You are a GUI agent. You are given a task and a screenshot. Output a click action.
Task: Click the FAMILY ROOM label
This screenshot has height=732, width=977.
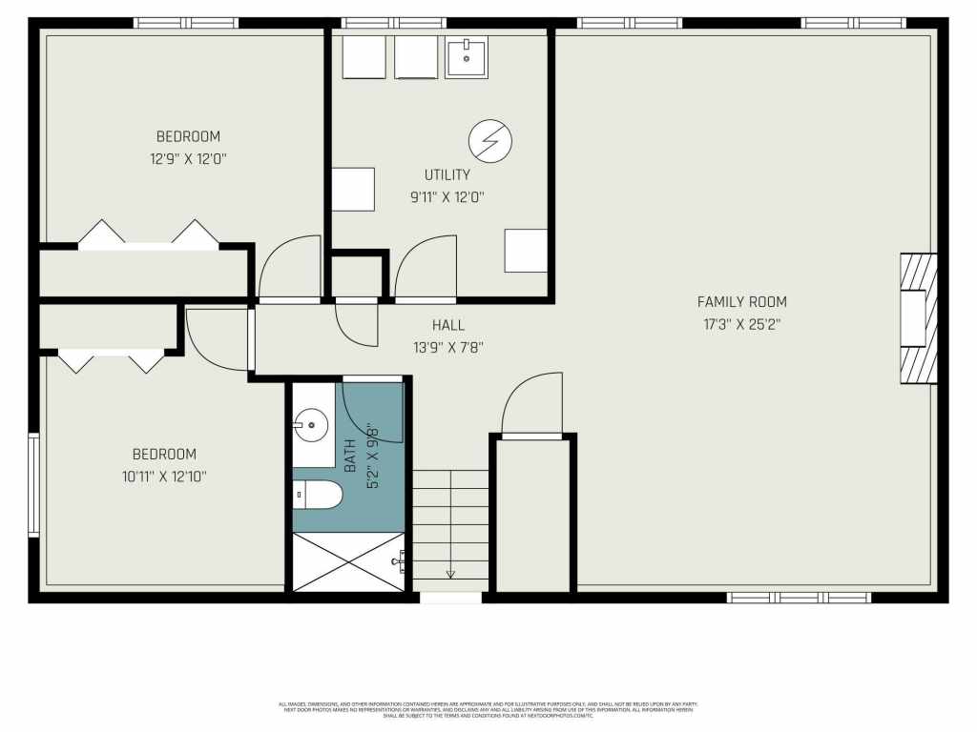coord(741,302)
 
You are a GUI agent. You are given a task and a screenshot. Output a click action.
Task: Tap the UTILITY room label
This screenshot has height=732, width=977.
coord(447,174)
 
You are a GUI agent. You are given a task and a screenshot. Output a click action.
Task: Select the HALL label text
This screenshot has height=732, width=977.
coord(447,325)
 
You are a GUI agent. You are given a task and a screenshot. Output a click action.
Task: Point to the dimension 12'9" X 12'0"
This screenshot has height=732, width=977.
coord(188,159)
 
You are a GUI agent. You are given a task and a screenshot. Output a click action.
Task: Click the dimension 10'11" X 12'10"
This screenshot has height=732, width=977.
coord(164,477)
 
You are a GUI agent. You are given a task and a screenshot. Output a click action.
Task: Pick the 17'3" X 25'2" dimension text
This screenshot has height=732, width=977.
coord(741,324)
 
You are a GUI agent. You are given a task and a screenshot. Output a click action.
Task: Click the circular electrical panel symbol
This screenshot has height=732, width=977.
coord(489,142)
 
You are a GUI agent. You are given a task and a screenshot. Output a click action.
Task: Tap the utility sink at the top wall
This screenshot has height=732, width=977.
coord(467,57)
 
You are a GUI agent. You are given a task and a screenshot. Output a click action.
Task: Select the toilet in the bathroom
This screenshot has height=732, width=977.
coord(317,495)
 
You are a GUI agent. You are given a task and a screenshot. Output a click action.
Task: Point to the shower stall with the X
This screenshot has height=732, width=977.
coord(349,561)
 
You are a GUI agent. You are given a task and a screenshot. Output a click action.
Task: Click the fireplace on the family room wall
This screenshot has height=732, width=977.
coord(917,318)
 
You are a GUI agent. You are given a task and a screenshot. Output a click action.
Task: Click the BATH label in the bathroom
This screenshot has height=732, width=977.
coord(350,456)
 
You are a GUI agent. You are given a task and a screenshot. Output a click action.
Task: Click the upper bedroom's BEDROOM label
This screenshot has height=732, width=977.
coord(188,136)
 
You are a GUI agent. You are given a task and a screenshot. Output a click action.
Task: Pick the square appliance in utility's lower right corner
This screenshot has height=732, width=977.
coord(526,251)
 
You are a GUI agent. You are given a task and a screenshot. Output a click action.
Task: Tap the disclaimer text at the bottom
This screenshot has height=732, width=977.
coord(488,710)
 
